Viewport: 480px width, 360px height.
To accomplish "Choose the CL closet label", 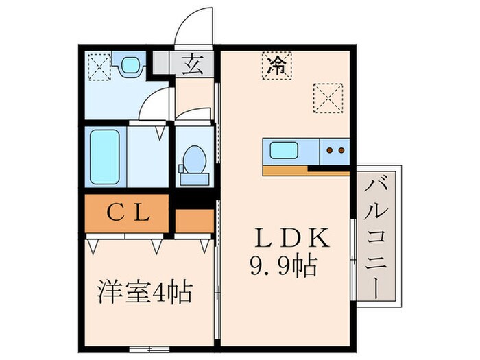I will (x=128, y=214).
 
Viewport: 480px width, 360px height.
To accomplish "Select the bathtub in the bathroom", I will (x=106, y=156).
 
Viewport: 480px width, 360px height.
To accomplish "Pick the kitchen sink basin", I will (x=284, y=150).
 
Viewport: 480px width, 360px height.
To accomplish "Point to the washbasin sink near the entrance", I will (x=128, y=67).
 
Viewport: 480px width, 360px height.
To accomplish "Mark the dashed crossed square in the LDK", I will (x=328, y=97).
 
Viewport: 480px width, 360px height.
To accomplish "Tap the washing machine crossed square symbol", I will (x=96, y=67).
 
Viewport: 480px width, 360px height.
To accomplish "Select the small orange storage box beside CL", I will (x=194, y=219).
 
